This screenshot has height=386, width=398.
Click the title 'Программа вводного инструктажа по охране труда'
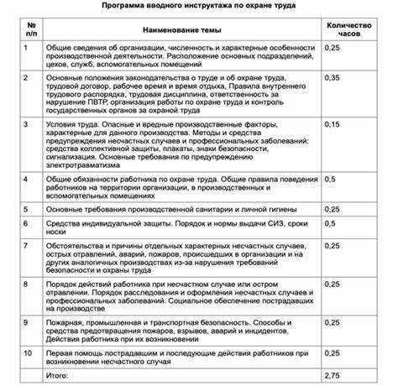coord(199,6)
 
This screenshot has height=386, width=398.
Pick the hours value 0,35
coord(333,77)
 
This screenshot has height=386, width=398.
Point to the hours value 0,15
coord(333,124)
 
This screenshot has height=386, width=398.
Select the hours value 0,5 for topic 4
coord(330,179)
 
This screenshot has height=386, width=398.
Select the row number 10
coord(29,353)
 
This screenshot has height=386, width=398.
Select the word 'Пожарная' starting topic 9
coord(67,322)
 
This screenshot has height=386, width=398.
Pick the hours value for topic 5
coord(333,209)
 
